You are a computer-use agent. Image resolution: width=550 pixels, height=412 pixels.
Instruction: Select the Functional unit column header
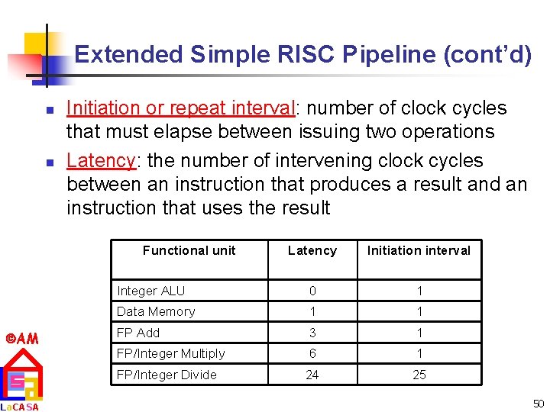pyautogui.click(x=189, y=250)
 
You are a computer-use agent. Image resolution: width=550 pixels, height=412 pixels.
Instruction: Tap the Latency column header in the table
pyautogui.click(x=312, y=250)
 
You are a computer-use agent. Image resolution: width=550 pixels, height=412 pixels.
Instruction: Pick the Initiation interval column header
pyautogui.click(x=419, y=250)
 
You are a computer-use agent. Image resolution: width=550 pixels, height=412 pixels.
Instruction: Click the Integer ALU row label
pyautogui.click(x=150, y=291)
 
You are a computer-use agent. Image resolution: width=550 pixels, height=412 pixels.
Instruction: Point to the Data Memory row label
pyautogui.click(x=156, y=311)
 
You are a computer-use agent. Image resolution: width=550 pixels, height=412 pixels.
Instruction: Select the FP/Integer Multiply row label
pyautogui.click(x=170, y=353)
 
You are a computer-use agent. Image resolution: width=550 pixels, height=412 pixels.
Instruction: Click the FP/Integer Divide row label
pyautogui.click(x=167, y=375)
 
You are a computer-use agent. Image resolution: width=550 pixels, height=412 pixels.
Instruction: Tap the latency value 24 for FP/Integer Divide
pyautogui.click(x=312, y=375)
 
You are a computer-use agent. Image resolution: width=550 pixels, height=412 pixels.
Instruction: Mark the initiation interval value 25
pyautogui.click(x=419, y=375)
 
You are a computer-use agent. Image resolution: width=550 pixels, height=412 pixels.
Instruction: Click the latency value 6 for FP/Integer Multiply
pyautogui.click(x=312, y=353)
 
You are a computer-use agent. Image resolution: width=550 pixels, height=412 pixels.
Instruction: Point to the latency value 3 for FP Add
pyautogui.click(x=312, y=333)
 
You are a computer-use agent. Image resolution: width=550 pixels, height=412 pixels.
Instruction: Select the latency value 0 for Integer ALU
pyautogui.click(x=312, y=291)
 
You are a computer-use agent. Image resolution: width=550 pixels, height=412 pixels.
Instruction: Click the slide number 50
pyautogui.click(x=536, y=402)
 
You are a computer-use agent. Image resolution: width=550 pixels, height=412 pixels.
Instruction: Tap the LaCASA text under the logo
pyautogui.click(x=20, y=407)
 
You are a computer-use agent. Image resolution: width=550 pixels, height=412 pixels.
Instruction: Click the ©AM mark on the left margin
pyautogui.click(x=22, y=338)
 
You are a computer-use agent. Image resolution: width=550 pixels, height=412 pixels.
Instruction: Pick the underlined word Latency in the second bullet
pyautogui.click(x=101, y=161)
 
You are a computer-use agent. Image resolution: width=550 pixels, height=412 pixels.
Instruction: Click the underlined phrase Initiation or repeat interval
pyautogui.click(x=181, y=108)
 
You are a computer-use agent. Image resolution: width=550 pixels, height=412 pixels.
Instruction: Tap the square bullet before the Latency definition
pyautogui.click(x=47, y=163)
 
